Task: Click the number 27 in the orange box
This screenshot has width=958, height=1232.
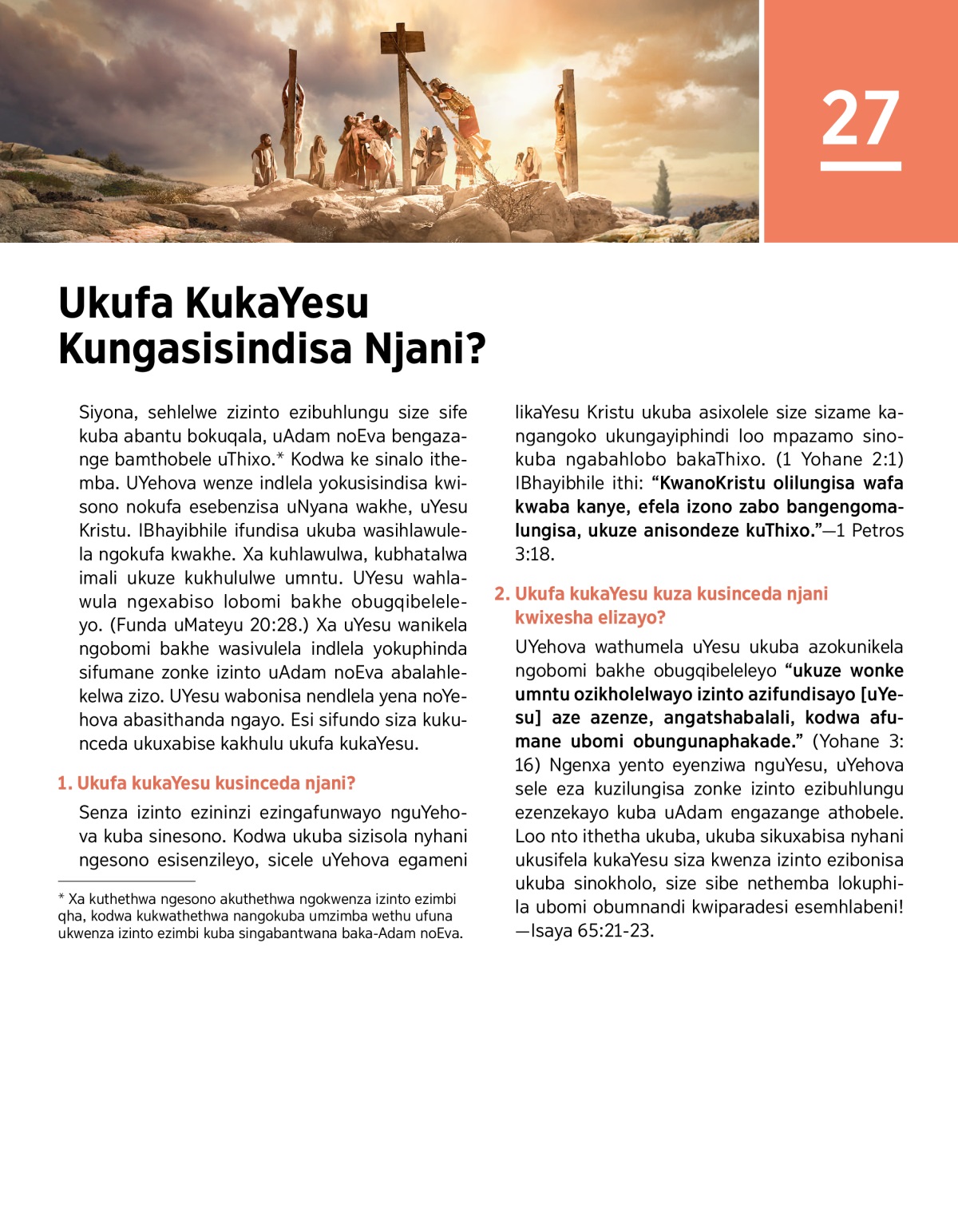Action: pos(861,117)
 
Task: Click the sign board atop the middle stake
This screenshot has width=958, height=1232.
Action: pos(402,38)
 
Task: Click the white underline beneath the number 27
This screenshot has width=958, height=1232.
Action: pos(861,166)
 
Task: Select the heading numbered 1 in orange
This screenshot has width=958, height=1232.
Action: pos(207,783)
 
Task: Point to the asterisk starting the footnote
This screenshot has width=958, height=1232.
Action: pos(61,898)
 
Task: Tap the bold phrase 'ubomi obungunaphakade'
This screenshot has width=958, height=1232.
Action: pos(683,742)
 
